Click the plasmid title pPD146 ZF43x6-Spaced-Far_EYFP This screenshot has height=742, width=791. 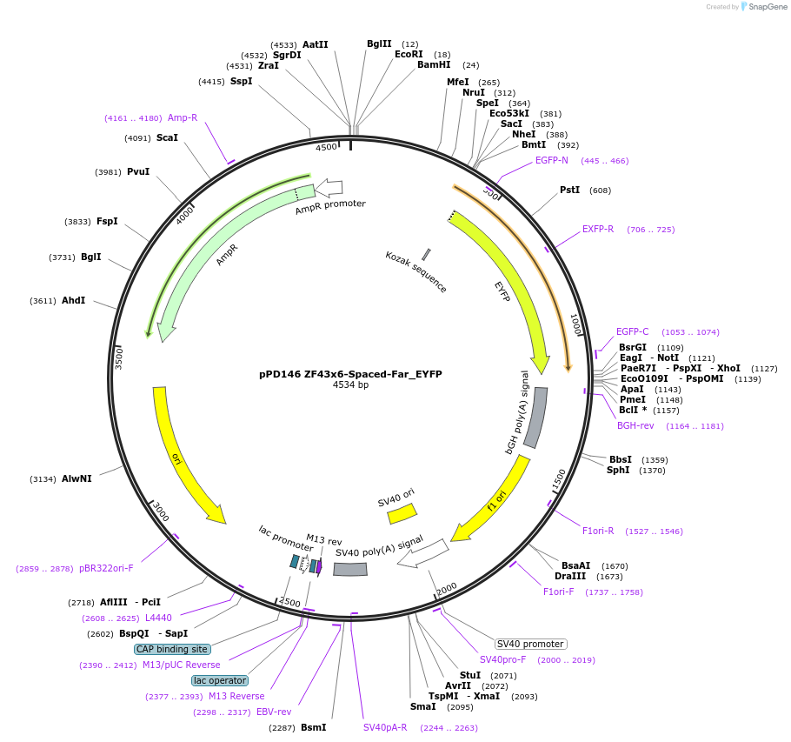click(x=350, y=374)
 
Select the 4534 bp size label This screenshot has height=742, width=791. click(x=350, y=385)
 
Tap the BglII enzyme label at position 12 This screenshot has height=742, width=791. click(x=379, y=43)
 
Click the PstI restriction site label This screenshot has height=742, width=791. click(x=569, y=190)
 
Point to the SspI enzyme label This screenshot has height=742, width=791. click(x=241, y=81)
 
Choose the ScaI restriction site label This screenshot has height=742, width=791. click(x=167, y=137)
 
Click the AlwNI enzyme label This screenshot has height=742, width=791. click(x=76, y=478)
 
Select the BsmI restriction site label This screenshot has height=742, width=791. click(x=313, y=727)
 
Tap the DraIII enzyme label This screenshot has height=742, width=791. click(x=570, y=576)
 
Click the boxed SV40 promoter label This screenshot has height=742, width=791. click(x=530, y=644)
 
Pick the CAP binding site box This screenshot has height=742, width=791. click(x=172, y=649)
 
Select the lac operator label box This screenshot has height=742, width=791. click(x=220, y=680)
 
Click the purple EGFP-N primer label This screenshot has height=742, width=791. click(x=551, y=160)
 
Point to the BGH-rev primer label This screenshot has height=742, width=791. click(x=635, y=425)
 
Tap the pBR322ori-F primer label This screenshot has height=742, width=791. click(x=106, y=568)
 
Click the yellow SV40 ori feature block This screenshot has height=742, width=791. click(x=402, y=513)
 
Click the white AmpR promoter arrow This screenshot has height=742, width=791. click(x=329, y=186)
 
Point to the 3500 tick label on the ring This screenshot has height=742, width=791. click(x=120, y=357)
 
